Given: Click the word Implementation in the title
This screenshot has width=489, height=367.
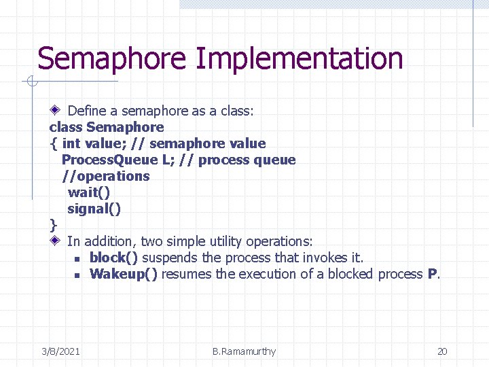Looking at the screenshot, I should click(x=299, y=58).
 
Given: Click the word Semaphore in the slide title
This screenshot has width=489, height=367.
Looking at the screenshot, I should click(x=111, y=58).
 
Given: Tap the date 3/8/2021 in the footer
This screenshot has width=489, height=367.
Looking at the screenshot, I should click(x=60, y=351).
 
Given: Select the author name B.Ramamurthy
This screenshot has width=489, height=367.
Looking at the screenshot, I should click(x=244, y=351).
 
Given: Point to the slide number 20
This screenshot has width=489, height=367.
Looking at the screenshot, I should click(x=442, y=351).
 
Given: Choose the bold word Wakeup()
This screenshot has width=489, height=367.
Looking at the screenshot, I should click(x=124, y=274).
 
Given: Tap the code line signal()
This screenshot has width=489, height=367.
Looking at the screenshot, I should click(x=94, y=209).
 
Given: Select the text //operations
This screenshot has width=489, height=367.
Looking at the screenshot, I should click(x=105, y=176).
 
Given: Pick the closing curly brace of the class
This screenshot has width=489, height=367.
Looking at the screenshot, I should click(x=54, y=225).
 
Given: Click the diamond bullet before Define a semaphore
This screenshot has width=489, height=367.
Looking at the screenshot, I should click(x=55, y=110).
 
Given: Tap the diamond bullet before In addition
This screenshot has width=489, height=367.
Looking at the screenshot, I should click(x=55, y=241).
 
